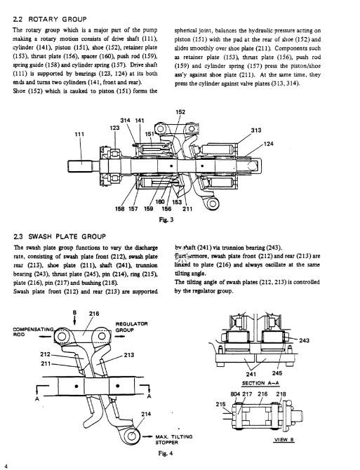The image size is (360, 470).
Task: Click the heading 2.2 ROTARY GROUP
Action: tap(50, 20)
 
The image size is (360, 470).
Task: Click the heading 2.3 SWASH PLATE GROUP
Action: tap(60, 236)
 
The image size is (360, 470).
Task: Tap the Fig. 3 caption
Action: tap(166, 220)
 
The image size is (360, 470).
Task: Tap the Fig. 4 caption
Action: tap(166, 453)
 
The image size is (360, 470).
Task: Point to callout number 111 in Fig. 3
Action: tap(79, 134)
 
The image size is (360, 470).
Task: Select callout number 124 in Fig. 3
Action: tap(269, 144)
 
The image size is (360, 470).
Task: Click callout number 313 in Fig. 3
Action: tap(256, 130)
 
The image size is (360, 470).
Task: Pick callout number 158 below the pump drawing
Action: tap(120, 208)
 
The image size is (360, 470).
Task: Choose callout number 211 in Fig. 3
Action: tap(187, 208)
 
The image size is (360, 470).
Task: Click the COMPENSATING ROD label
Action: tap(33, 332)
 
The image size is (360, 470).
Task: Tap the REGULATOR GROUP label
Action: tap(132, 327)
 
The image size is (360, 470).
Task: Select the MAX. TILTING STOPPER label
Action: tap(174, 439)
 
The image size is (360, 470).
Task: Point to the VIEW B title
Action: tap(284, 440)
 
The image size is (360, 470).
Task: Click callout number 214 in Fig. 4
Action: tap(146, 414)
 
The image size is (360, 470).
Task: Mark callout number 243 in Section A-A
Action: tap(304, 340)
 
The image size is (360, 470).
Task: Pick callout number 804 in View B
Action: tap(235, 394)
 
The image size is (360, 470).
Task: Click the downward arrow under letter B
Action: tap(74, 320)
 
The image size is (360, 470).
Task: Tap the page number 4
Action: tap(6, 466)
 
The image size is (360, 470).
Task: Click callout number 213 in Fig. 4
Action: tap(129, 355)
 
